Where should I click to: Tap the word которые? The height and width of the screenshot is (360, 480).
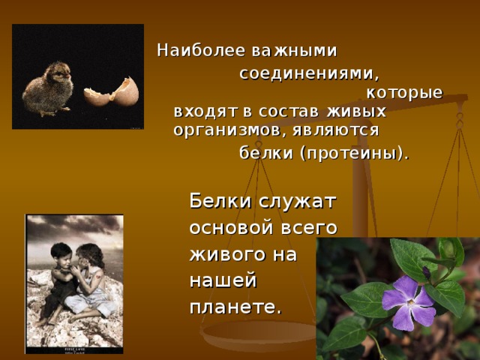tap(404, 93)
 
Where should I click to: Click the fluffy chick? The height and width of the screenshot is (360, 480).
tap(48, 86)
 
